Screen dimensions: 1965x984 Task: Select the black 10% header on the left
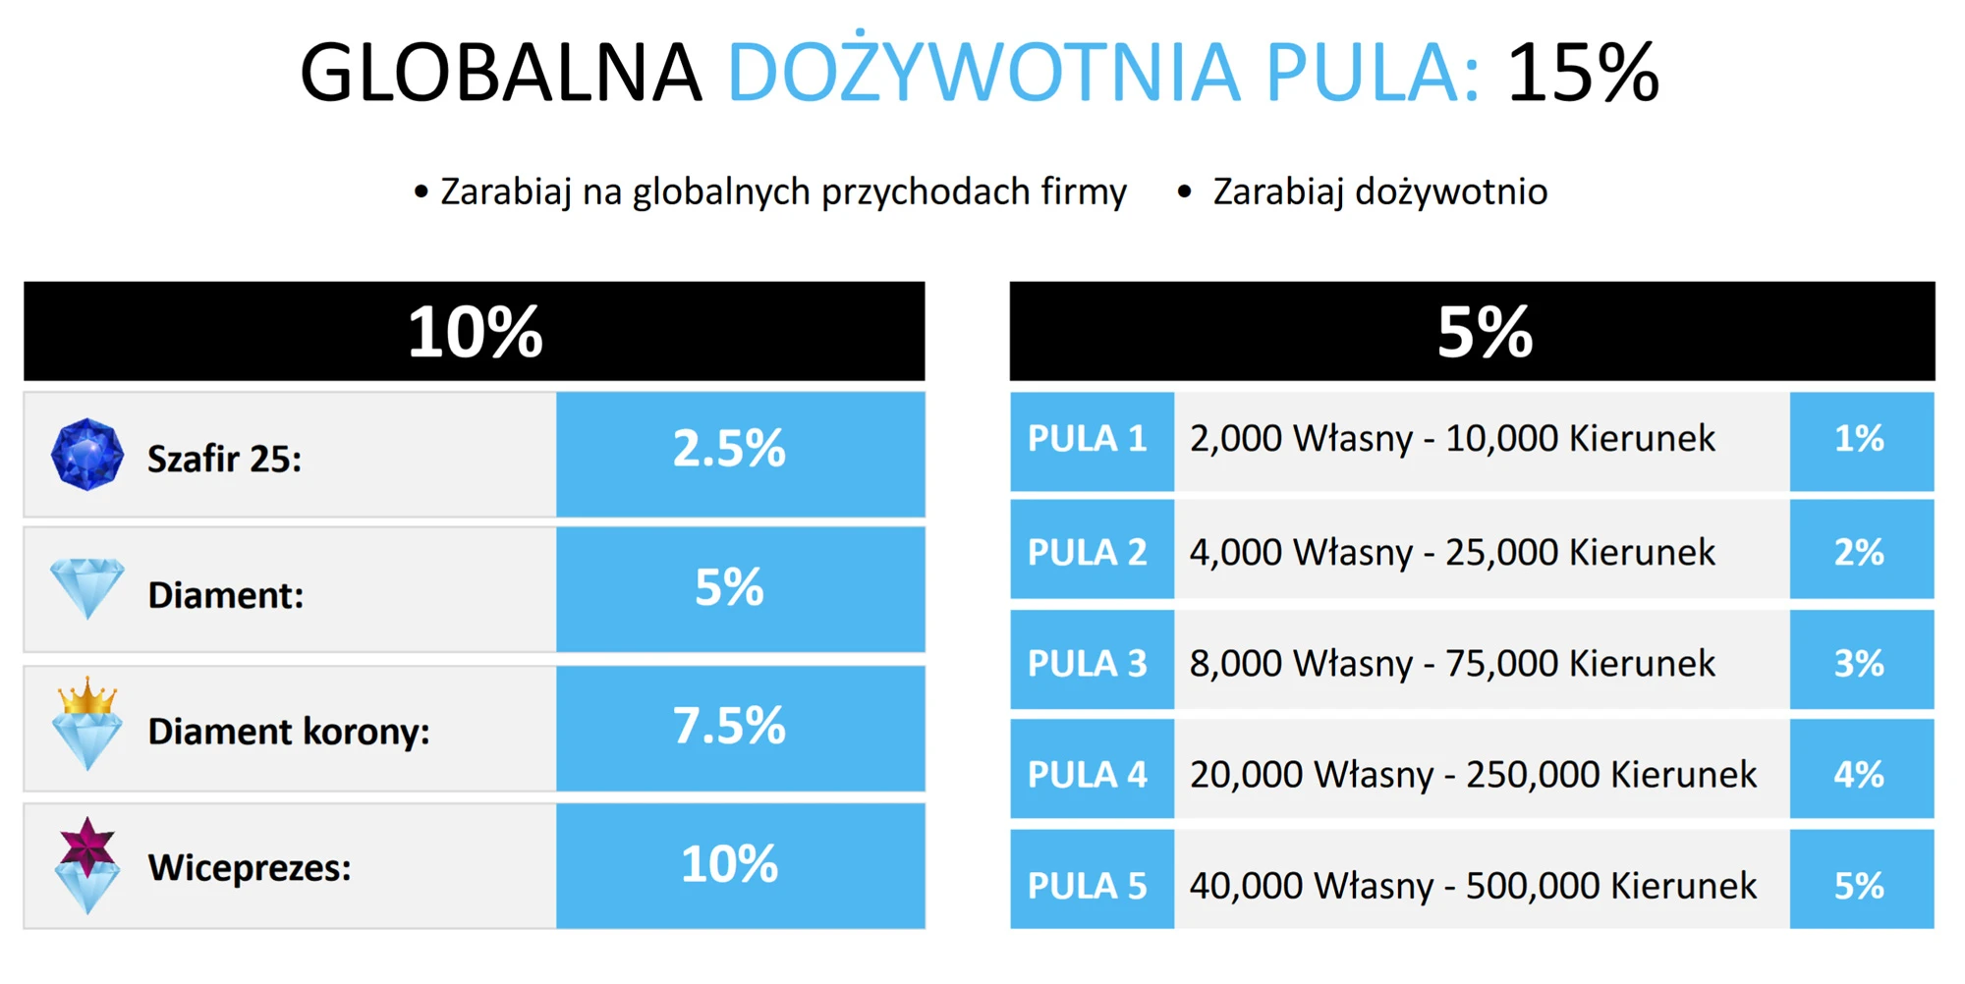pos(475,331)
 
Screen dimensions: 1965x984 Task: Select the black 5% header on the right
pos(1472,331)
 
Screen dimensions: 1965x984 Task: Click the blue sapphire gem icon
pos(87,454)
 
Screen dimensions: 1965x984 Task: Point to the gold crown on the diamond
pos(87,695)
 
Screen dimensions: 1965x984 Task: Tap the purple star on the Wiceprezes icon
pos(87,845)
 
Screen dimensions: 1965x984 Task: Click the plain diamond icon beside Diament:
pos(87,588)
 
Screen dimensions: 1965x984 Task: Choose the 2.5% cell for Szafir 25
pos(741,454)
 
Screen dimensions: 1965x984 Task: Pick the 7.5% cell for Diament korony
pos(741,728)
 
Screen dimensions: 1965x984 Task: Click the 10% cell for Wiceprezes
pos(741,865)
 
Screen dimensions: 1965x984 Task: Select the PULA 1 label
pos(1092,441)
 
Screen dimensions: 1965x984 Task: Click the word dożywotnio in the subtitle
pos(1450,192)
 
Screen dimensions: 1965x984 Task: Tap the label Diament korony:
pos(289,732)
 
